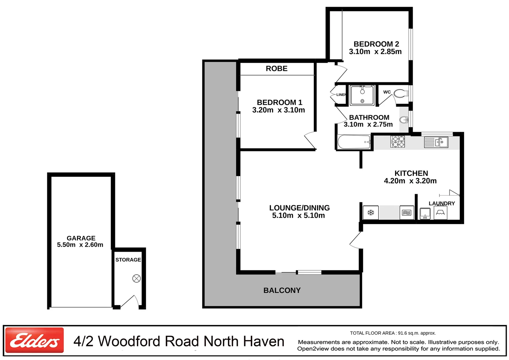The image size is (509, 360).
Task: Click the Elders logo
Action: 34,340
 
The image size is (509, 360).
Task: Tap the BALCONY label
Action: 282,290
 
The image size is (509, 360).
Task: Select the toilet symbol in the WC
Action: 401,93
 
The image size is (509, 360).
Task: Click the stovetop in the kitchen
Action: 397,141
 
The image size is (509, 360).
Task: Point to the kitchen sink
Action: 436,142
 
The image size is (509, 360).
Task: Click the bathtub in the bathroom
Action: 354,142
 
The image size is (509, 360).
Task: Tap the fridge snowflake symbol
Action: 371,212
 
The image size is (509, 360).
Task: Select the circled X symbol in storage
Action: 137,278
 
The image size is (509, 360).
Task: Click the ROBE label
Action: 276,69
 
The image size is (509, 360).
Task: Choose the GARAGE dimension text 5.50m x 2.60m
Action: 80,245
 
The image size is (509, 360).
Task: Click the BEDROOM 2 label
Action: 376,44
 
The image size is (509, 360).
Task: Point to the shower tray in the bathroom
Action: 362,95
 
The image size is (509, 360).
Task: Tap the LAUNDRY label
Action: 442,203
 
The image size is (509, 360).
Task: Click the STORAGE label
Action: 128,260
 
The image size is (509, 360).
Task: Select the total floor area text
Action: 393,333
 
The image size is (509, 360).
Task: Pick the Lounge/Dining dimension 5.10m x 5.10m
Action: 298,216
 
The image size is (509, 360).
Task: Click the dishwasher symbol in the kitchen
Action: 407,212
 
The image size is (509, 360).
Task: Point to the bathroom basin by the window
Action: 404,120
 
